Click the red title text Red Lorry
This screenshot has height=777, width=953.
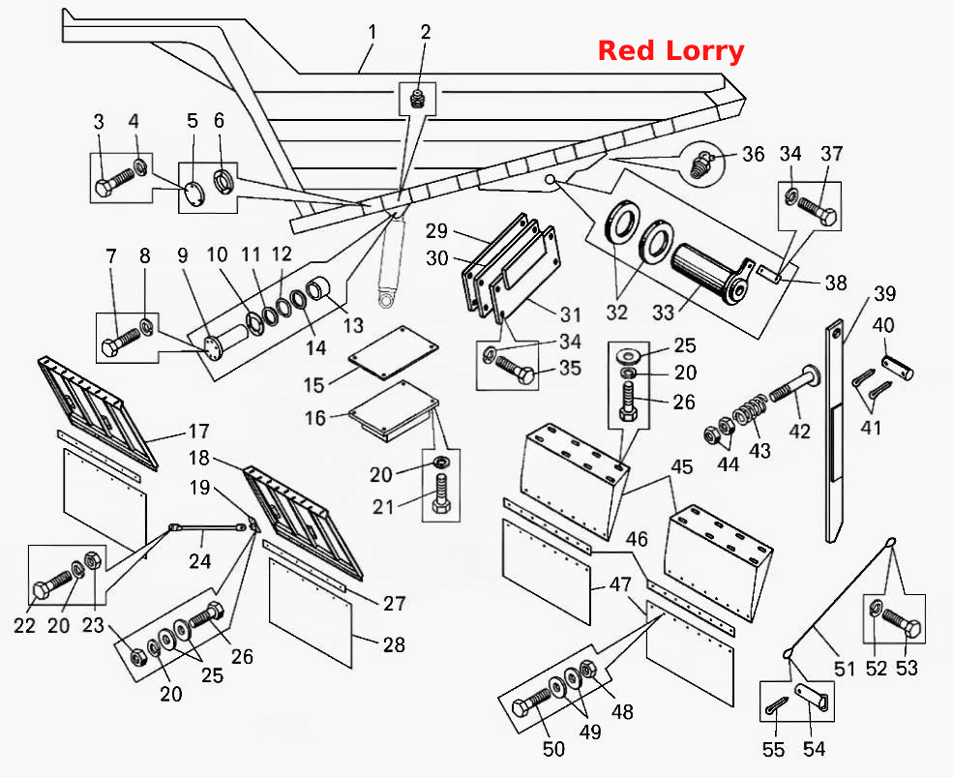tap(671, 51)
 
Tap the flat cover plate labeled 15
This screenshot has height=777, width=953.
tap(393, 352)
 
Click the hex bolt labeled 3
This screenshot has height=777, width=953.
tap(114, 181)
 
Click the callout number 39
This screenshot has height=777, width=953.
tap(885, 293)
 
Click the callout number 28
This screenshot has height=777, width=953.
tap(394, 645)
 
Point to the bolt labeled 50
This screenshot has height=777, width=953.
tap(531, 703)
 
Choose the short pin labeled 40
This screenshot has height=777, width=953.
tap(898, 368)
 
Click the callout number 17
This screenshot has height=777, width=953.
tap(198, 432)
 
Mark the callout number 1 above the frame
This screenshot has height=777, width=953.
tap(372, 33)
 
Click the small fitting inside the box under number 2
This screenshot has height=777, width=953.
tap(416, 99)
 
